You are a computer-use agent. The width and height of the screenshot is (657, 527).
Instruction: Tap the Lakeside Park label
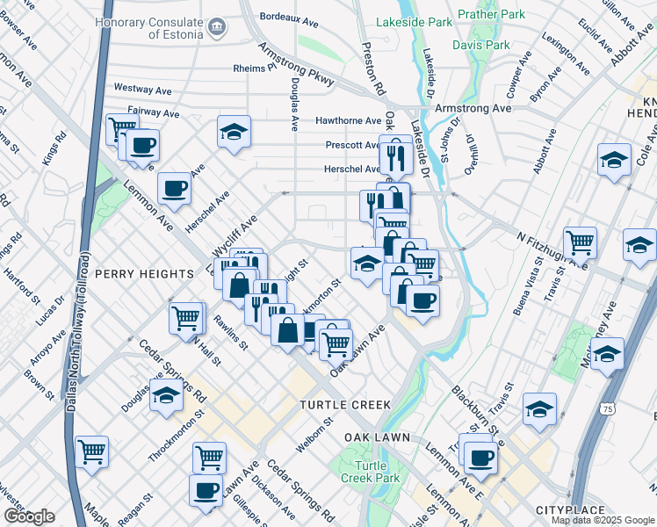point(415,21)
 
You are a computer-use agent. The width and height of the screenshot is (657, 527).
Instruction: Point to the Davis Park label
point(480,44)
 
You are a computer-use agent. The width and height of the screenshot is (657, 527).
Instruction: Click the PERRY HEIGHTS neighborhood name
point(144,274)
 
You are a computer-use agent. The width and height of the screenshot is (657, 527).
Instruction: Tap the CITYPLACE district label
point(570,510)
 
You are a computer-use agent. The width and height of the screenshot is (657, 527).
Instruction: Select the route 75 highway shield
point(609,409)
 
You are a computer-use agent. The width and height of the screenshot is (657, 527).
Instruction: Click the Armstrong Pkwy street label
point(295,65)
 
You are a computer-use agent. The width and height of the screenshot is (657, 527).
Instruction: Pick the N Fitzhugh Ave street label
point(552,250)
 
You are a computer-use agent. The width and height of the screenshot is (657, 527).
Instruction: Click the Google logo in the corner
point(29,516)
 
